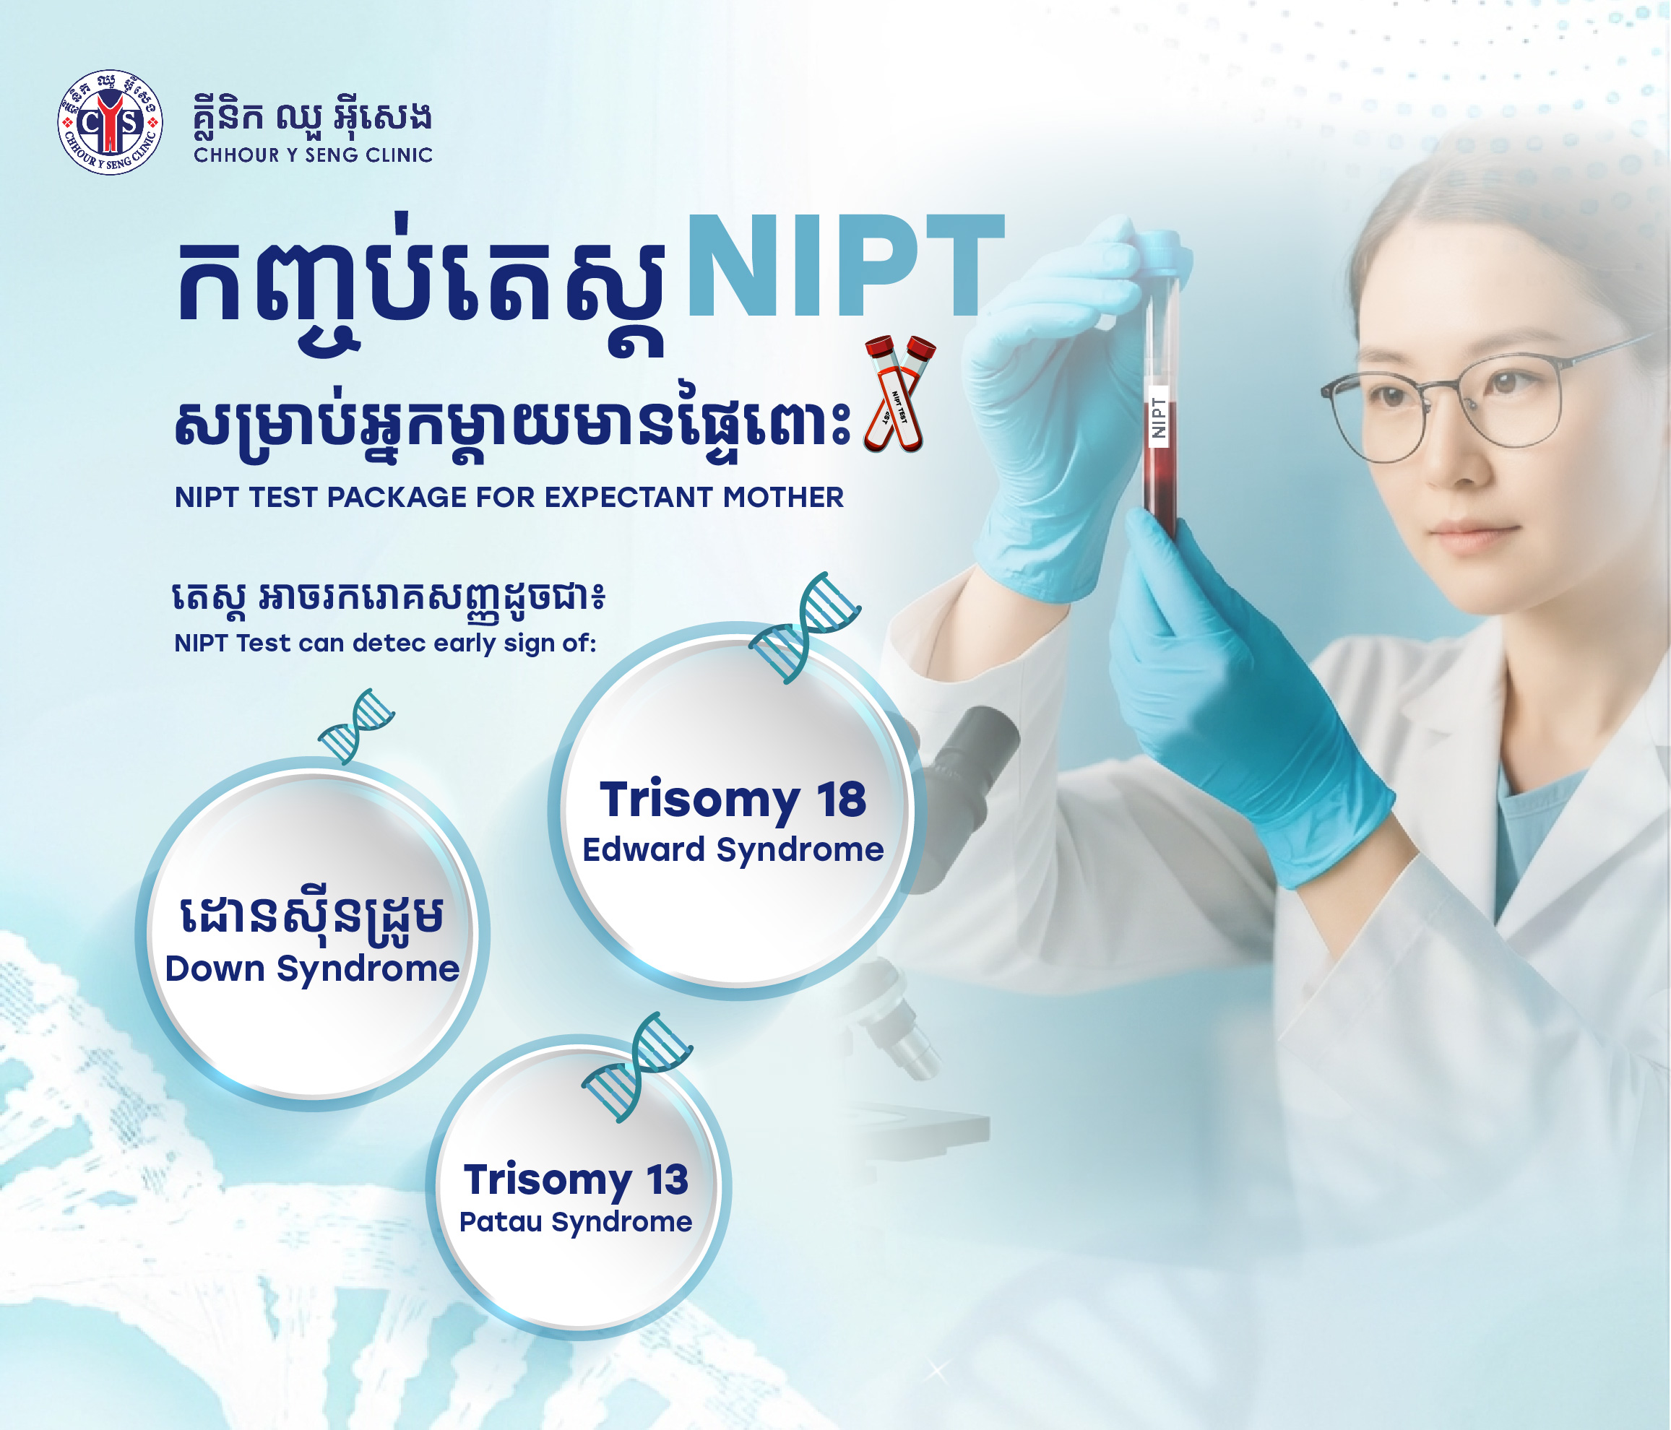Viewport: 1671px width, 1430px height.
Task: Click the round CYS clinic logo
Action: (x=110, y=122)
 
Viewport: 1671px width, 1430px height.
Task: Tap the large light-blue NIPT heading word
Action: (x=846, y=266)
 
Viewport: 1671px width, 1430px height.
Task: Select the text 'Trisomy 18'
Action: (x=733, y=799)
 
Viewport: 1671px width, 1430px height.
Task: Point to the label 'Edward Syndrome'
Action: (x=733, y=849)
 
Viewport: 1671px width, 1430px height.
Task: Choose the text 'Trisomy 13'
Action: (x=576, y=1180)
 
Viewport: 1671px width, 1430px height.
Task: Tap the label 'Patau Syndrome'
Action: (x=576, y=1222)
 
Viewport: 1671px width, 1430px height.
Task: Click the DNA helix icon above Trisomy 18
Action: (x=804, y=628)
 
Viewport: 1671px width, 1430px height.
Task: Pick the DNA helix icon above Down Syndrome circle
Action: (x=356, y=726)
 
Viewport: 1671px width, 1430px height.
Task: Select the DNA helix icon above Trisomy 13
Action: (x=637, y=1067)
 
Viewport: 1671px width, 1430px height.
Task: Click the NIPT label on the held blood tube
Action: (x=1159, y=417)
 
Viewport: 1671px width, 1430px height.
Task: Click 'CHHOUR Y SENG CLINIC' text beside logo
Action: (x=313, y=155)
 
